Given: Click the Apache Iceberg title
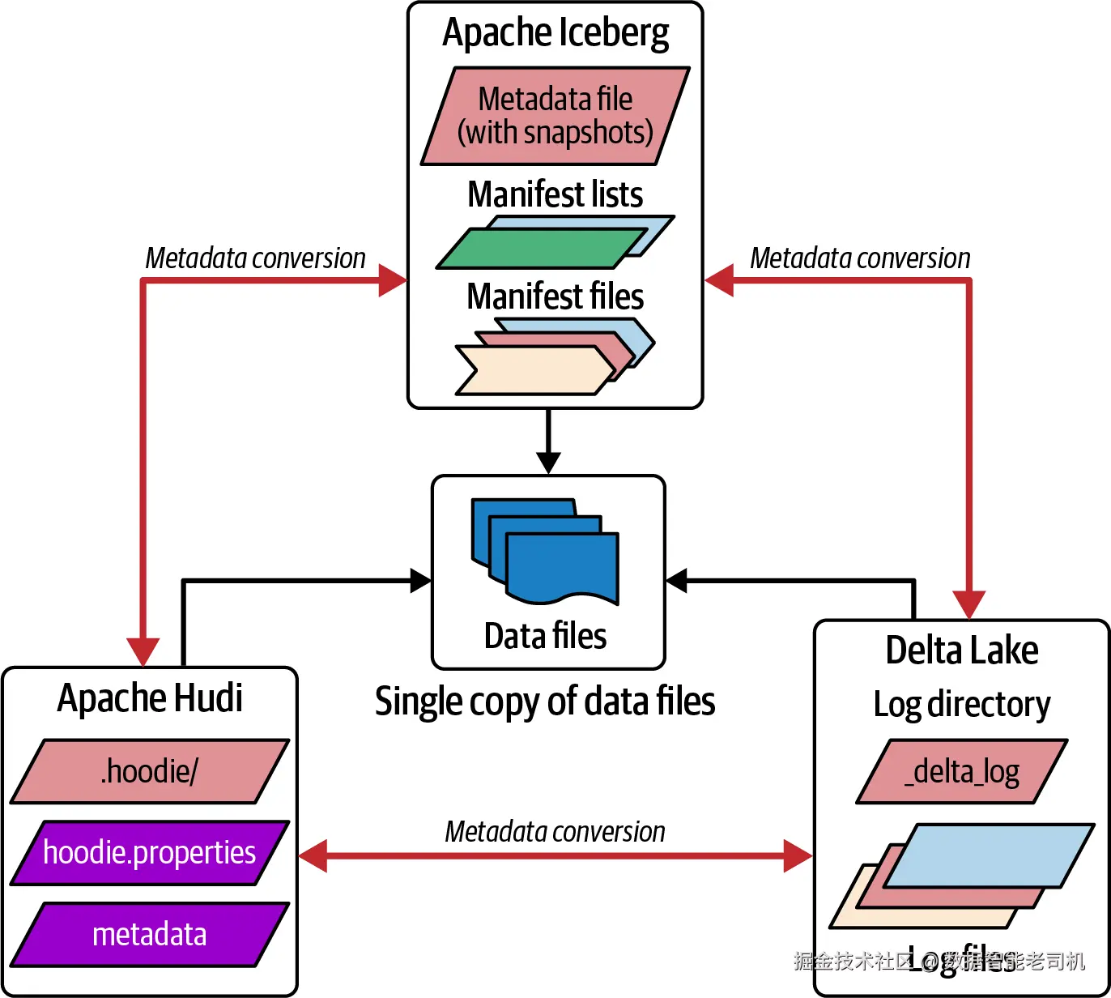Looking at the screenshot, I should pyautogui.click(x=555, y=34).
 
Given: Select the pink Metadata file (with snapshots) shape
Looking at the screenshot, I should pyautogui.click(x=555, y=116).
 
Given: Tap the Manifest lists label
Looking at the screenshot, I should pyautogui.click(x=555, y=194).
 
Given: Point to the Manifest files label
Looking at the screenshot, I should pyautogui.click(x=555, y=296).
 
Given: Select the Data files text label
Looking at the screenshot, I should pyautogui.click(x=545, y=636).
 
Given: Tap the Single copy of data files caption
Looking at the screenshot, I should pyautogui.click(x=545, y=702).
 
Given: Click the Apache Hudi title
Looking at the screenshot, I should pyautogui.click(x=150, y=698).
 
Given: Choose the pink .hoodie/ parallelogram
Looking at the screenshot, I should pyautogui.click(x=150, y=771).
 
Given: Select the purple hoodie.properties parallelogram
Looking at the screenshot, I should pyautogui.click(x=150, y=853).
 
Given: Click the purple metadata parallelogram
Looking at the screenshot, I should pyautogui.click(x=150, y=935).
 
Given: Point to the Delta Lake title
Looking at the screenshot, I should pyautogui.click(x=962, y=650).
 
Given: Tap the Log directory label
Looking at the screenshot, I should pyautogui.click(x=962, y=705).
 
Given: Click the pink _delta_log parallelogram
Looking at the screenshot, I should pyautogui.click(x=962, y=772).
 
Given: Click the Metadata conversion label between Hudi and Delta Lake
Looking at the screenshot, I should pyautogui.click(x=555, y=832).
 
